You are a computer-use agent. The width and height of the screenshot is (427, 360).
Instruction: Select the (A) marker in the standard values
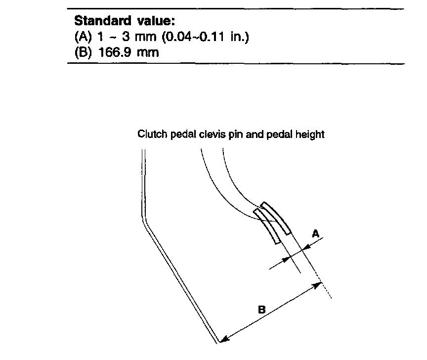click(82, 37)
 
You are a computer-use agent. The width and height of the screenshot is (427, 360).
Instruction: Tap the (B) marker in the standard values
click(82, 52)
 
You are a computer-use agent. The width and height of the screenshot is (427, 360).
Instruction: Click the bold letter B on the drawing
click(261, 310)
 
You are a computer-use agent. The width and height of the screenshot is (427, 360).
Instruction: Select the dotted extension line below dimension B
click(326, 292)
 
